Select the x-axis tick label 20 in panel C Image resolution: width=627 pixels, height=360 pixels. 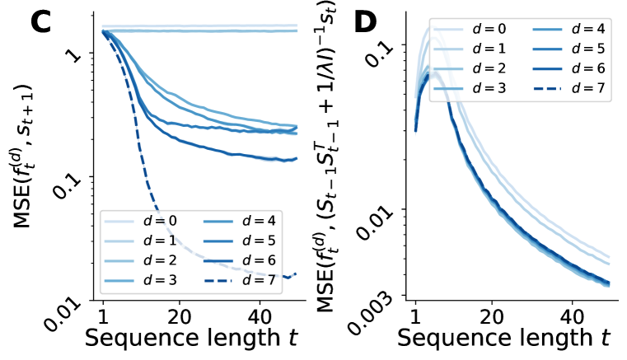(180, 316)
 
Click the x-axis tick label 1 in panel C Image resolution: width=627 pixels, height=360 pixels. (103, 316)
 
